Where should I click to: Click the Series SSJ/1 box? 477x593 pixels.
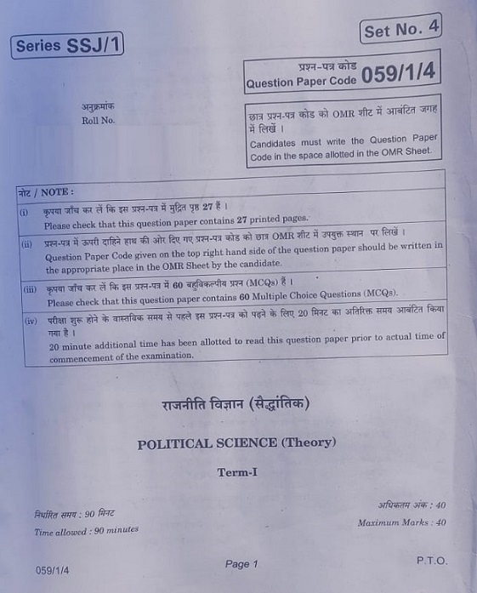[69, 44]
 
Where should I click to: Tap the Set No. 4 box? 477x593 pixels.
[400, 31]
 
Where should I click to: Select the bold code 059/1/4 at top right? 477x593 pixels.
[398, 74]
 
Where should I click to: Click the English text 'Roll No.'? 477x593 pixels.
[99, 121]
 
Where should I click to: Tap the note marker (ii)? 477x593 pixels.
[26, 243]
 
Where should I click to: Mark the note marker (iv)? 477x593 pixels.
[31, 321]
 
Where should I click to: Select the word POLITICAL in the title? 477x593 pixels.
[176, 442]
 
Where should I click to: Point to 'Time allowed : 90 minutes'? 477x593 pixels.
[86, 531]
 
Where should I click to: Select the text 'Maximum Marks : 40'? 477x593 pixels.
[401, 522]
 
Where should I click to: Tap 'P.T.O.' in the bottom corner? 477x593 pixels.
[432, 561]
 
